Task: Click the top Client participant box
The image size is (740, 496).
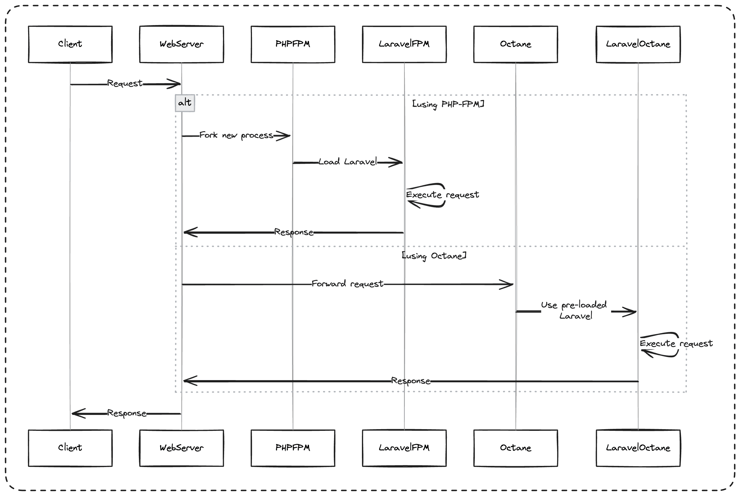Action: [x=70, y=44]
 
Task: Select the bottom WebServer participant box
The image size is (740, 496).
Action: [x=181, y=448]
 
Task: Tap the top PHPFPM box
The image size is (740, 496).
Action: [x=293, y=44]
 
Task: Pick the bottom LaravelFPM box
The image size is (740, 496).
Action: [x=404, y=448]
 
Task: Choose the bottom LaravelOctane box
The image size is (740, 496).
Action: [x=638, y=448]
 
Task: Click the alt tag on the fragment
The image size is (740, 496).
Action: [x=185, y=103]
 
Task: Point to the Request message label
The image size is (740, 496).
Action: [x=125, y=84]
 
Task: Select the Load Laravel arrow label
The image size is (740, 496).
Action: [x=347, y=162]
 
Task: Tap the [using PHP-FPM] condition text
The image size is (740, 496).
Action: [x=448, y=104]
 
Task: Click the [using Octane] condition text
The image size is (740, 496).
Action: [x=433, y=256]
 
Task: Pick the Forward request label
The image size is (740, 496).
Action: [x=347, y=284]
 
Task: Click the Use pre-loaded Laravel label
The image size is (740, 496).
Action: [x=574, y=310]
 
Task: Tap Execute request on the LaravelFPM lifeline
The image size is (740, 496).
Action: [x=442, y=195]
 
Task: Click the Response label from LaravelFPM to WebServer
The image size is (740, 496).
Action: [x=293, y=232]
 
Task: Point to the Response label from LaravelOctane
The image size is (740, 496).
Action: [x=410, y=381]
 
